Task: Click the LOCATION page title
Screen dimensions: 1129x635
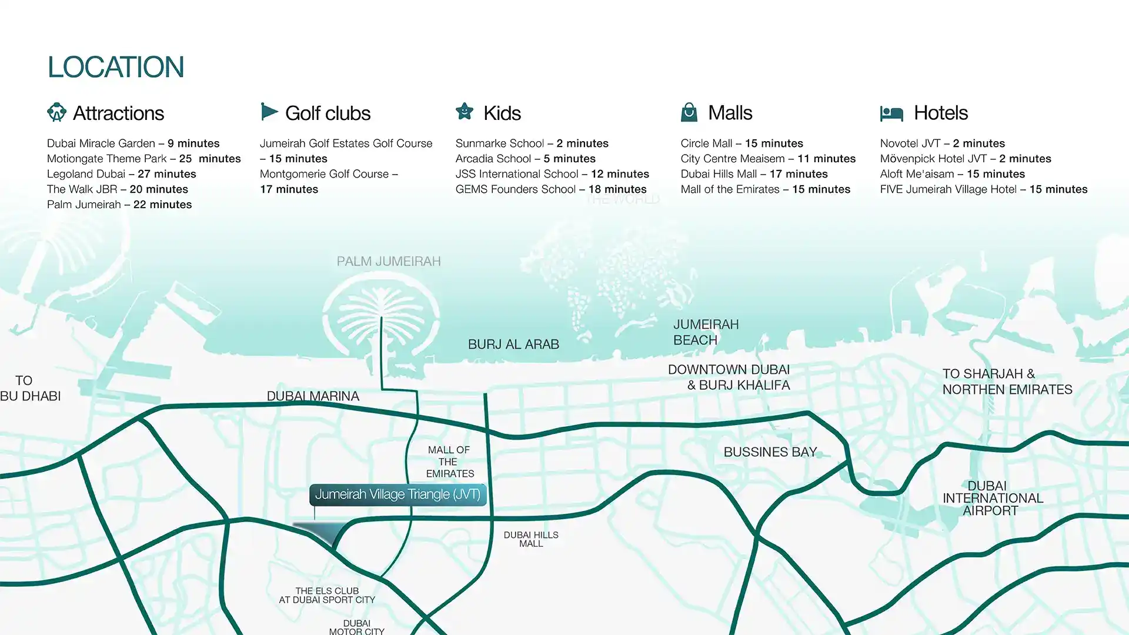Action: pyautogui.click(x=116, y=67)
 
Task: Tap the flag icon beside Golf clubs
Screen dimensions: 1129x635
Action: pyautogui.click(x=269, y=112)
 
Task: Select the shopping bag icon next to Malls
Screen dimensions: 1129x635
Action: pyautogui.click(x=689, y=112)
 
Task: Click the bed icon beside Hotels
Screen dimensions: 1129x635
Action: pyautogui.click(x=891, y=113)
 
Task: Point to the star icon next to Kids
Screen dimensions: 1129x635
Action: pyautogui.click(x=465, y=111)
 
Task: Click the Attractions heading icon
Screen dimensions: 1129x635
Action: pyautogui.click(x=57, y=112)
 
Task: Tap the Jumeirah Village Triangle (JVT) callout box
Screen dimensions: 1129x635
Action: pyautogui.click(x=398, y=494)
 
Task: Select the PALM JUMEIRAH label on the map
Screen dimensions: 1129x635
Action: pyautogui.click(x=389, y=262)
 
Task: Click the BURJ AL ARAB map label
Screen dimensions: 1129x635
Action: pyautogui.click(x=513, y=345)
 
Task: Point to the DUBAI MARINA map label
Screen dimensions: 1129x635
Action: pyautogui.click(x=313, y=396)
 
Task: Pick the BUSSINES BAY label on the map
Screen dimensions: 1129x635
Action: pyautogui.click(x=770, y=452)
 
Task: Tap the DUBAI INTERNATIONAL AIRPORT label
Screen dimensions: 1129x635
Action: pyautogui.click(x=993, y=499)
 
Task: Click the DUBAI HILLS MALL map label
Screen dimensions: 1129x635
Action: pyautogui.click(x=531, y=539)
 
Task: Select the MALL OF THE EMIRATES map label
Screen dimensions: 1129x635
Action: pyautogui.click(x=450, y=462)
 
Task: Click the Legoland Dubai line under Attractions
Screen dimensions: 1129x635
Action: pyautogui.click(x=122, y=174)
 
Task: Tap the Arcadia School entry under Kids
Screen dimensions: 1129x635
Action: pyautogui.click(x=526, y=159)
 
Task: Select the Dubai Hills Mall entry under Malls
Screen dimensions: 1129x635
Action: pyautogui.click(x=754, y=174)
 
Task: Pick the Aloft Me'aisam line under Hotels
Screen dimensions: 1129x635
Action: pyautogui.click(x=953, y=174)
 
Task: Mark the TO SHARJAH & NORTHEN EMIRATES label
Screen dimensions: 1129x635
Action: pyautogui.click(x=1007, y=382)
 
